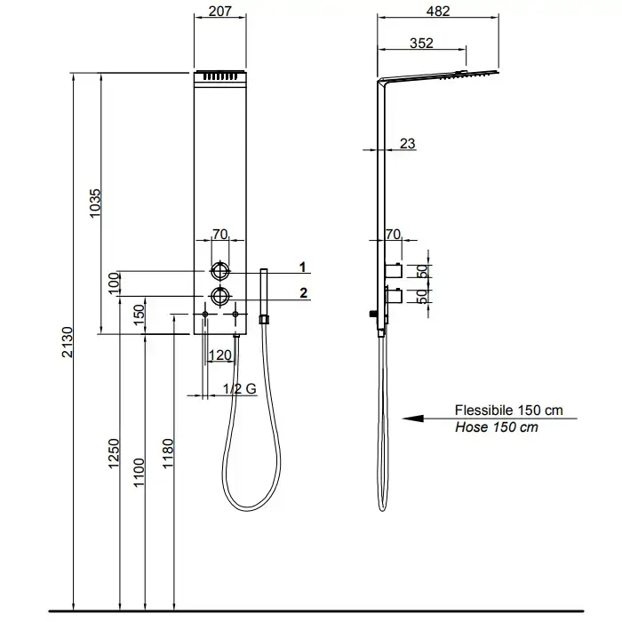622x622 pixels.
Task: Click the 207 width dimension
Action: (x=219, y=11)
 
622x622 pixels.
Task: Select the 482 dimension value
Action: (x=438, y=11)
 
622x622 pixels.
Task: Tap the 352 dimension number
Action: (x=421, y=43)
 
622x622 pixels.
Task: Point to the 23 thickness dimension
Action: (x=407, y=143)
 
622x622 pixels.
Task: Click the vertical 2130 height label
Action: (x=68, y=342)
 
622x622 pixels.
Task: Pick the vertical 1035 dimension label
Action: (x=95, y=203)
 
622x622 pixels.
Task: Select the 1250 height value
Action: (x=114, y=453)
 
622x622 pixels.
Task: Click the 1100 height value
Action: (x=139, y=473)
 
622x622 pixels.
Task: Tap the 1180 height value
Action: (x=168, y=453)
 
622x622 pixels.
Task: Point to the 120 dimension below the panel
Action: (x=219, y=355)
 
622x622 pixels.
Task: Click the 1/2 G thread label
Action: (x=240, y=389)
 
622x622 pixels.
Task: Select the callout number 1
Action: (x=303, y=267)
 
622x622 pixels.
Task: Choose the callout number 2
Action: (x=304, y=292)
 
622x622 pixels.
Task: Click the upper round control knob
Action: (x=219, y=271)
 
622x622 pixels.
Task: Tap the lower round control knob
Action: (x=219, y=296)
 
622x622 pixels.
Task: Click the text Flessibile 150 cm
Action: (x=509, y=411)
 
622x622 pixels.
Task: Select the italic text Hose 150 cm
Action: (x=497, y=427)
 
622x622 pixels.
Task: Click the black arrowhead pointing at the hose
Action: (x=413, y=419)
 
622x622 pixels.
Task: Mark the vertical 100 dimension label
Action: (x=115, y=283)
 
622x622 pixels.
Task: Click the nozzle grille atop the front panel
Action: (x=220, y=76)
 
